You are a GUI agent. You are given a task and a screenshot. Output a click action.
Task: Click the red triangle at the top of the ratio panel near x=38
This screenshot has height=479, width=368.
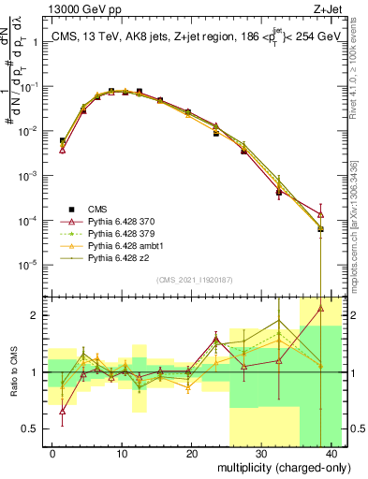[x=321, y=308]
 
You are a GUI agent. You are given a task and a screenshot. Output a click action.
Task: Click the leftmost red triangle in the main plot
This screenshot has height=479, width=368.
[x=62, y=150]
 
